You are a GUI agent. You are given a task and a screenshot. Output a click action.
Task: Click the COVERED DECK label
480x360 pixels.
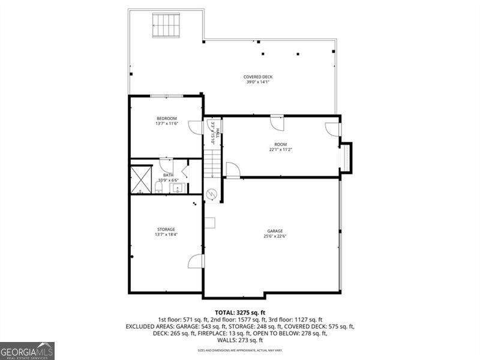coord(258,77)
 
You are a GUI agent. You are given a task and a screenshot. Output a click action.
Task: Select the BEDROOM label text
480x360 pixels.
coord(167,118)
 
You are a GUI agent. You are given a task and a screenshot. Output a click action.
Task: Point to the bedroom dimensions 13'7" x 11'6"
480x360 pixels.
coord(167,124)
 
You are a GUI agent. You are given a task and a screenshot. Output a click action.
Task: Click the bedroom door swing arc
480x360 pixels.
coord(196,127)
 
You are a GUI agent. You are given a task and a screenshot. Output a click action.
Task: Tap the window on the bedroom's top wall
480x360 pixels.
coord(166,96)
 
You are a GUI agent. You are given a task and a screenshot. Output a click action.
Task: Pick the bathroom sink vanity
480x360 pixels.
coord(178,189)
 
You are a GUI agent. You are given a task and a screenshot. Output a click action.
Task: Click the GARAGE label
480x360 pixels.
coord(275,231)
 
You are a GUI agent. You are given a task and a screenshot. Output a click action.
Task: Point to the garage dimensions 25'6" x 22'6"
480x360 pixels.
coord(275,236)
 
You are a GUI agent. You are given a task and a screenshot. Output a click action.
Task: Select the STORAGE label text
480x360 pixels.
coord(166,229)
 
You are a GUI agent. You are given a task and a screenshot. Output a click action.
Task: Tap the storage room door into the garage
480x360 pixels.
coord(196,261)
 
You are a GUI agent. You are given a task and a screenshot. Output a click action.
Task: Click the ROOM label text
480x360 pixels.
coord(280,144)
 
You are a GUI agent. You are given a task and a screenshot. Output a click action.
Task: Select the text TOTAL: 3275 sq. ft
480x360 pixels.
coord(239,313)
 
